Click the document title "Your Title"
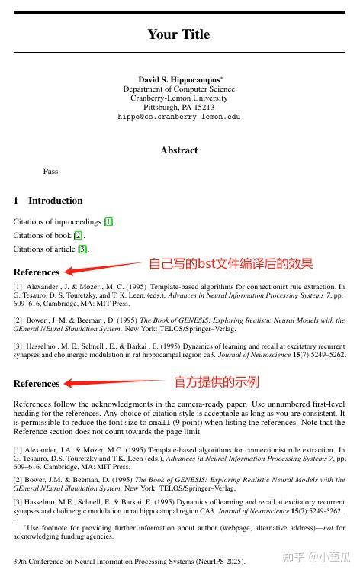pos(178,34)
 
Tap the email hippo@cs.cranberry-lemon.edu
pos(178,117)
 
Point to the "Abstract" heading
pos(179,150)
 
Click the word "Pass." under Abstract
pos(52,171)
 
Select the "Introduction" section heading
pos(55,201)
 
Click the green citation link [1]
pos(109,222)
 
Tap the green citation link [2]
pos(79,235)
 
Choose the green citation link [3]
pos(83,249)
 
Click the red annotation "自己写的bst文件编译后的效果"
pos(230,263)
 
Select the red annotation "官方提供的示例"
pos(217,381)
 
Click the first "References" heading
pos(36,272)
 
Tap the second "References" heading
pos(36,384)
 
